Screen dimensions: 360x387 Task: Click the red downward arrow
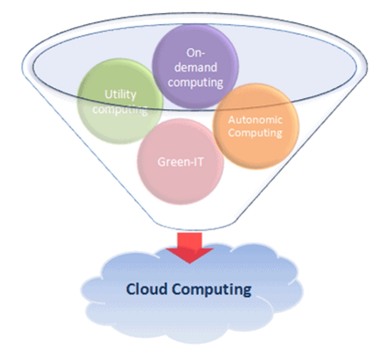coord(189,245)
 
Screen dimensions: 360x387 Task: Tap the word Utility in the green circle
coord(120,95)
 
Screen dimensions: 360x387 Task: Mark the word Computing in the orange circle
coord(255,133)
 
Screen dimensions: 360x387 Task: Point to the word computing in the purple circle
coord(195,82)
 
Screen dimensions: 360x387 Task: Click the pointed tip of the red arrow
coord(190,261)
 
